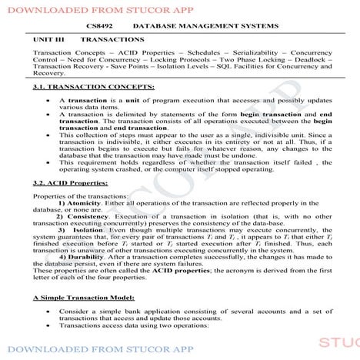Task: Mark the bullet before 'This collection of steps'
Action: pos(50,134)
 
